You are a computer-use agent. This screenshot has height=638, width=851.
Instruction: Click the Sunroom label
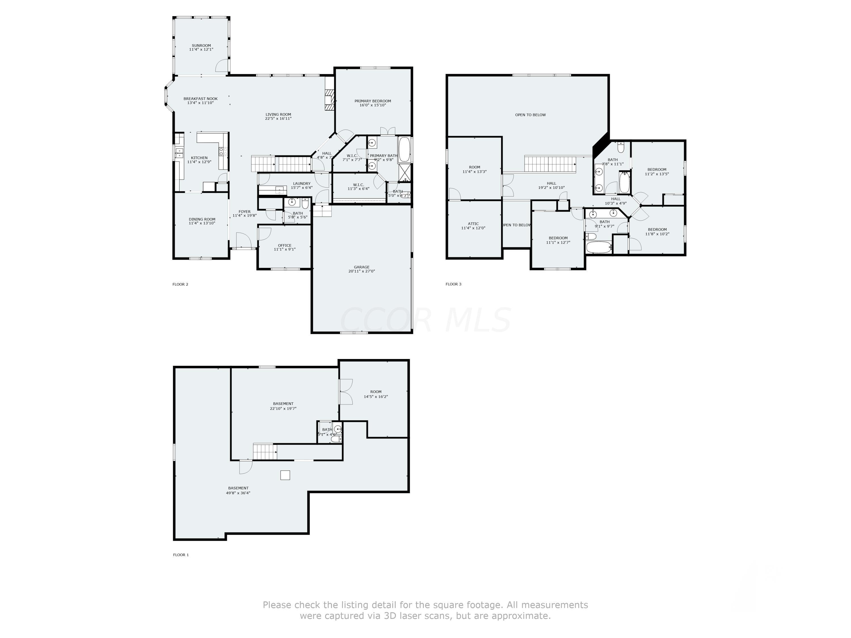(201, 45)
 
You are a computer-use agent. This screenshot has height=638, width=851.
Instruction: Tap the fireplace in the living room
(329, 100)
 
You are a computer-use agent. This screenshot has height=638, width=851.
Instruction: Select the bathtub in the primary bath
(404, 150)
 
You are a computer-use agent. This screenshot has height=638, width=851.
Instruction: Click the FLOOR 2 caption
(180, 285)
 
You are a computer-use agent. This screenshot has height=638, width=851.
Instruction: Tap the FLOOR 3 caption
(453, 284)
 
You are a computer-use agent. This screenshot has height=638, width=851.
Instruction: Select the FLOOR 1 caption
(180, 555)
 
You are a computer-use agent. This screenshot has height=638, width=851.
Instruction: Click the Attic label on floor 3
(473, 224)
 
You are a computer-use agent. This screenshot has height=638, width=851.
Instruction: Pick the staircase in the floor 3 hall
(550, 164)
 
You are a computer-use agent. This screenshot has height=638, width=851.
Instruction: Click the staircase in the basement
(265, 451)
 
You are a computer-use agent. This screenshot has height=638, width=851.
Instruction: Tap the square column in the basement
(285, 475)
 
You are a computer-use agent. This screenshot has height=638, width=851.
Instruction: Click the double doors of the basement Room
(346, 392)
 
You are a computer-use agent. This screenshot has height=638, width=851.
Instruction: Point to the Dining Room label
(202, 219)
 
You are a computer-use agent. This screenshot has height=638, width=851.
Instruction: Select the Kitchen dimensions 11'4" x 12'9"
(199, 162)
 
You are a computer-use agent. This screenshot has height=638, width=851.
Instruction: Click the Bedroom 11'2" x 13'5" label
(657, 170)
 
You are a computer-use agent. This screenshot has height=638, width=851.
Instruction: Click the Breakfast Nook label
(201, 99)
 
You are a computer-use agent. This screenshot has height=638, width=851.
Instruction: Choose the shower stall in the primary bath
(405, 173)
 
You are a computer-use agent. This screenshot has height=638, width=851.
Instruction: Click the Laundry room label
(301, 183)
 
